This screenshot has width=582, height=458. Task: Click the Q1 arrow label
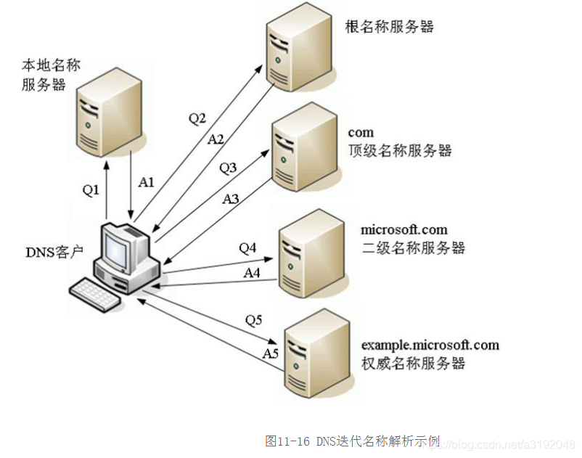coord(90,190)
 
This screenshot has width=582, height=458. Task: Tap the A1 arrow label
coord(146,182)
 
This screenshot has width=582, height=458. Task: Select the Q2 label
coord(197,118)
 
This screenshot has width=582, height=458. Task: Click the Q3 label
coord(228,168)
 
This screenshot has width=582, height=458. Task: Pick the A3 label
coord(231,197)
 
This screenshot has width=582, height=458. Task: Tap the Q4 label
coord(247,248)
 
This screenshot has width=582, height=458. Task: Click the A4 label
coord(252,273)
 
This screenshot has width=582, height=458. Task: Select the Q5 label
coord(254,319)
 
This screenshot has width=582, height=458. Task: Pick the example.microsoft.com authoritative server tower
coord(314,353)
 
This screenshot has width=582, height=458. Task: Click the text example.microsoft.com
coord(430,344)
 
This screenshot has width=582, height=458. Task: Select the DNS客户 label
coord(54,253)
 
